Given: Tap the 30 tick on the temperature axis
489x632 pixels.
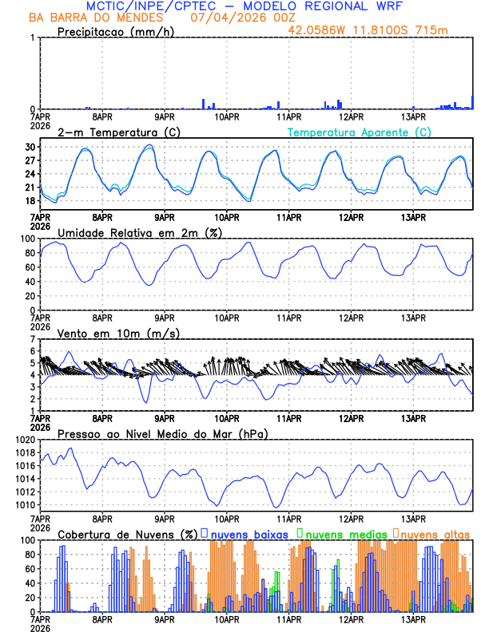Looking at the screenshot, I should pyautogui.click(x=29, y=148).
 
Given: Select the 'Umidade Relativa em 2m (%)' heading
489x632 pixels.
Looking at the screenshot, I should pyautogui.click(x=137, y=232).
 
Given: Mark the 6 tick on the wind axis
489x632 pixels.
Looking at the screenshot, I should pyautogui.click(x=32, y=351).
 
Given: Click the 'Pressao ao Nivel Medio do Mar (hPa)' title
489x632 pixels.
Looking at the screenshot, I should pyautogui.click(x=163, y=433).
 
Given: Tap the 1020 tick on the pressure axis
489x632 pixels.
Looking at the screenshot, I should pyautogui.click(x=22, y=440).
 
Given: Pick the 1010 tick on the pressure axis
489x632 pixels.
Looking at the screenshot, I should pyautogui.click(x=22, y=505).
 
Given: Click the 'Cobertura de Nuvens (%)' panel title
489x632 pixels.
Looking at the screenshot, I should pyautogui.click(x=127, y=533).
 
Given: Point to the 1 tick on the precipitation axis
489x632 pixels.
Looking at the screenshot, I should pyautogui.click(x=32, y=38).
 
